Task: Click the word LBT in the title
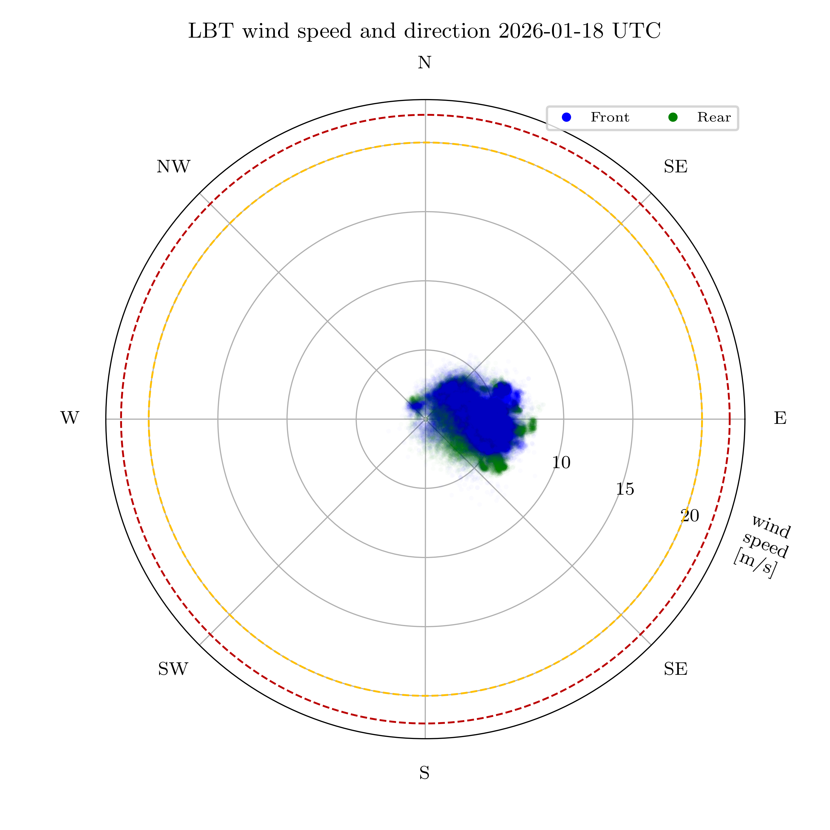click(211, 31)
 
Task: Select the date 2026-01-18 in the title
click(552, 31)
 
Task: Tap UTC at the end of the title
click(636, 31)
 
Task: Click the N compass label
click(424, 63)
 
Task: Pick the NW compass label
click(173, 167)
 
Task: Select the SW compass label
click(173, 669)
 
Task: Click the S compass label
click(424, 773)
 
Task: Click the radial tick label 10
click(561, 463)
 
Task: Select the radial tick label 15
click(625, 489)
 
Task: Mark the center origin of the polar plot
click(425, 419)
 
